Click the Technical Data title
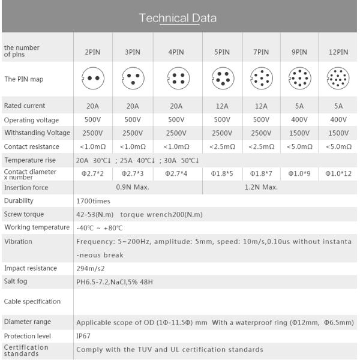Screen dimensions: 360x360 (178, 17)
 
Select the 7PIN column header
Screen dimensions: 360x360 (261, 52)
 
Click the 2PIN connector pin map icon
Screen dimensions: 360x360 (92, 79)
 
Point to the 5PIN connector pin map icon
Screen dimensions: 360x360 (222, 79)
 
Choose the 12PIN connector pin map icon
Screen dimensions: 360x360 (337, 79)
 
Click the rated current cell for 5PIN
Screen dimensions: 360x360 (222, 106)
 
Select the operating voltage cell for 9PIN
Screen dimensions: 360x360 (299, 119)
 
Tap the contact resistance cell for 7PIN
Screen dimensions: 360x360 (261, 146)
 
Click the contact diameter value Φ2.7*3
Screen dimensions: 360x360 (133, 173)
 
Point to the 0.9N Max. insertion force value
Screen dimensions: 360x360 (133, 187)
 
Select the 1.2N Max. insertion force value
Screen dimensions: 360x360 (261, 187)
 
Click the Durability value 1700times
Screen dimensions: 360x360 (93, 201)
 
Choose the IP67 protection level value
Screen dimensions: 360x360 (83, 336)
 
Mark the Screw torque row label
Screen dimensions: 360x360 (23, 214)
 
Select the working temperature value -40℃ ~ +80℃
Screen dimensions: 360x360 (100, 228)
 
